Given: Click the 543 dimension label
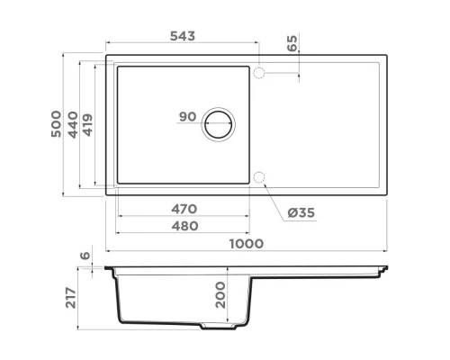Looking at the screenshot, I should click(183, 36).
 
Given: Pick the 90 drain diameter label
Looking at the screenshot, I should click(187, 117).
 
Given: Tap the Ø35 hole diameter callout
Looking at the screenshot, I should click(301, 212).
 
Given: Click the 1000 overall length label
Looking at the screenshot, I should click(245, 243).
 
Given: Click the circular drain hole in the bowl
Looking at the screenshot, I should click(219, 123).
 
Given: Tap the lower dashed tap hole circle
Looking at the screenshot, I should click(259, 175).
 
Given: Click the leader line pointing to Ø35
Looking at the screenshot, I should click(274, 197).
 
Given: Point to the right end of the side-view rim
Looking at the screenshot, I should click(386, 269).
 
